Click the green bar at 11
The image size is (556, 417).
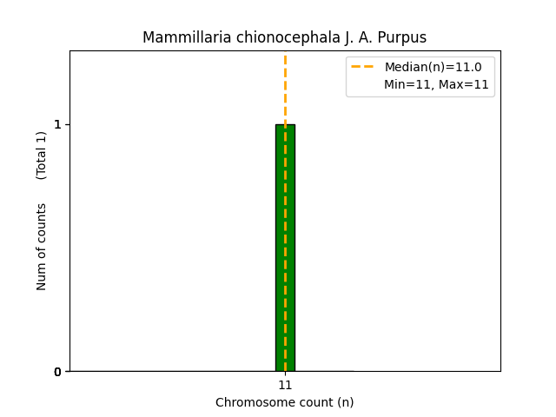[285, 248]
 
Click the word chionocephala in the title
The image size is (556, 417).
[265, 38]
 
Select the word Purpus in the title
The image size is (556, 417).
[402, 38]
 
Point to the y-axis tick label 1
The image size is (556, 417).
[57, 124]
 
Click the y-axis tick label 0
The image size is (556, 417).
[57, 372]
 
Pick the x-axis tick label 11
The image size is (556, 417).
[285, 385]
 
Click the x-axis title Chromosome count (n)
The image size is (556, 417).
[285, 402]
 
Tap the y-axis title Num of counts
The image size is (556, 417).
[42, 247]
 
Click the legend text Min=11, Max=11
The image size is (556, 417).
[436, 84]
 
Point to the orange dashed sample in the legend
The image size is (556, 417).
[362, 67]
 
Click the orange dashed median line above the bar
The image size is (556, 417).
[285, 87]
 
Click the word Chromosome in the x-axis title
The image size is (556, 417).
[251, 402]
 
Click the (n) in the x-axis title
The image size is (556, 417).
[345, 402]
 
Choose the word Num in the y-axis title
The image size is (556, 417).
[42, 277]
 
